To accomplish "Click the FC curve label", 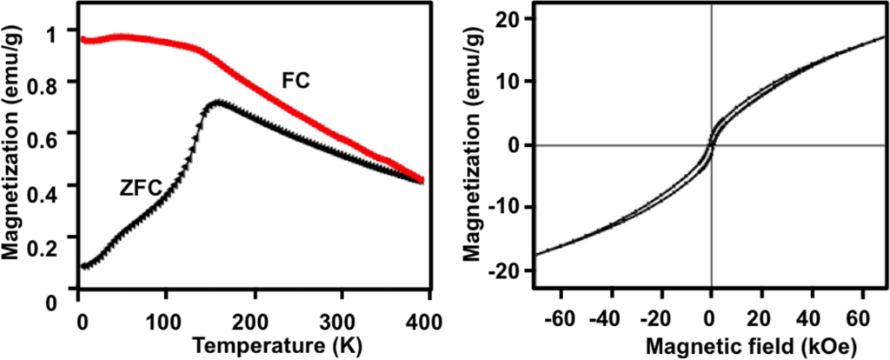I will click(296, 80).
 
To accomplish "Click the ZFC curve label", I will click(137, 187).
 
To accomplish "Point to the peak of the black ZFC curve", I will click(217, 103).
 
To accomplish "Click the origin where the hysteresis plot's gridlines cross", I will click(711, 145).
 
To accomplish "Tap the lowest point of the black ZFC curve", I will click(84, 266).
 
